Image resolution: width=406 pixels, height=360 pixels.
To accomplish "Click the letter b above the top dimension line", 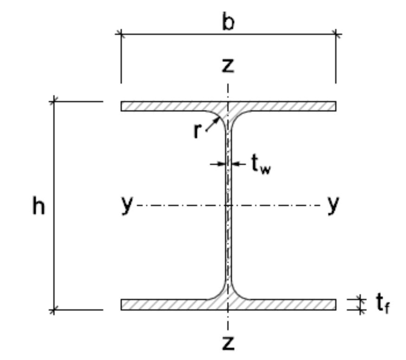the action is [x=227, y=21].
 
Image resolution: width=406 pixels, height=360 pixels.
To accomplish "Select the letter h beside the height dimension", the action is [x=39, y=206].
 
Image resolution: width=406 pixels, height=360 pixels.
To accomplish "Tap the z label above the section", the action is [x=227, y=66].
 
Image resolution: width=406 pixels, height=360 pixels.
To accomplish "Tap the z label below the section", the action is [x=227, y=342].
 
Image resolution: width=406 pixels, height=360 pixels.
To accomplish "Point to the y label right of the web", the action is [x=333, y=204].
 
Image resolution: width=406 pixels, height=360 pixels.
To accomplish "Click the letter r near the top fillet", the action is [x=198, y=131].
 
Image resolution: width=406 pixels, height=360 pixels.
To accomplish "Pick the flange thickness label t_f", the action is [x=382, y=305].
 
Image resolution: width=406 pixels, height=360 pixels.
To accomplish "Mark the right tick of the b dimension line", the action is [x=336, y=33].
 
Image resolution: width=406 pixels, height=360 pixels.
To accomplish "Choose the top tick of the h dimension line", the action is [x=54, y=100].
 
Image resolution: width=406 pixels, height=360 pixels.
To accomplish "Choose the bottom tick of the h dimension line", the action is [x=54, y=309].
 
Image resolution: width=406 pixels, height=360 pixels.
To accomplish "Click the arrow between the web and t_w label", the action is [x=238, y=164].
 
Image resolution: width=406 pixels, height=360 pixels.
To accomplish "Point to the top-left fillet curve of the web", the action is [x=219, y=116].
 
